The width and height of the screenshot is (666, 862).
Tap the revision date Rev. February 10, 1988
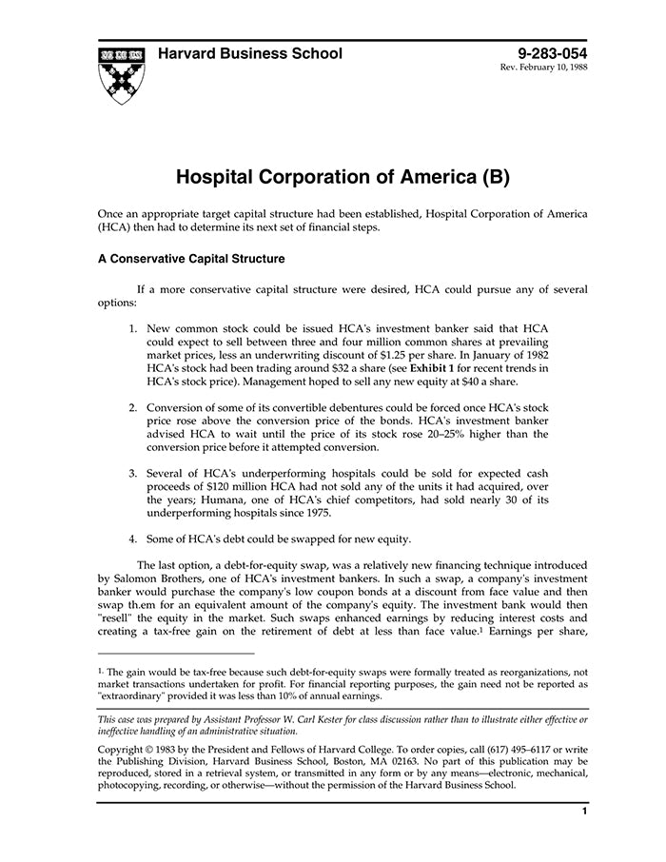(x=543, y=69)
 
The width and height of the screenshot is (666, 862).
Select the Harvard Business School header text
(x=249, y=53)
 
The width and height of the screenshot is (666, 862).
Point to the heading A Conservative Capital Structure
(x=191, y=258)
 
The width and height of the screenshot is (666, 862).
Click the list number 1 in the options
(x=133, y=327)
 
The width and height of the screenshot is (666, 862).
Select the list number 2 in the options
(x=133, y=407)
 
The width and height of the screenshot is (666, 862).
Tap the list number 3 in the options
(x=133, y=473)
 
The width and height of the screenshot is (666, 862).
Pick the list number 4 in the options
(x=133, y=539)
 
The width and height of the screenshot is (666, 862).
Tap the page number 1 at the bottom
(x=584, y=811)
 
